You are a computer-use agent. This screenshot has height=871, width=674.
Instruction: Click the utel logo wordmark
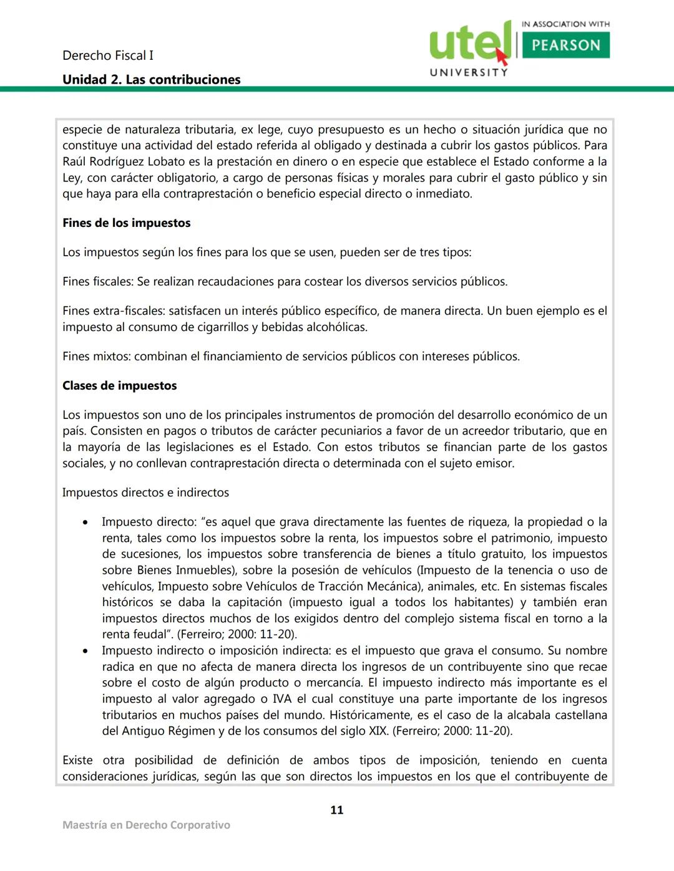click(469, 42)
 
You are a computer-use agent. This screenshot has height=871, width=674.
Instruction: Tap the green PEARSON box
click(565, 45)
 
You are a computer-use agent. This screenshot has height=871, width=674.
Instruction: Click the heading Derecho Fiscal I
click(108, 55)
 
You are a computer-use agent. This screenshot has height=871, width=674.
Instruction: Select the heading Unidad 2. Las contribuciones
click(151, 79)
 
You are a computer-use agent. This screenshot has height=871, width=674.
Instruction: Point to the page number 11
click(336, 810)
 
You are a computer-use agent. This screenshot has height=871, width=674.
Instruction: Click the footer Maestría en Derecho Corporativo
click(146, 825)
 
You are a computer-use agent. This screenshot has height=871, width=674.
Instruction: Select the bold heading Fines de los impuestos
click(126, 223)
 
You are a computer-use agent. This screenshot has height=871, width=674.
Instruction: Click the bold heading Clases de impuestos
click(119, 385)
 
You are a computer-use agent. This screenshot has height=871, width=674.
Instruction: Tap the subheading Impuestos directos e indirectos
click(145, 493)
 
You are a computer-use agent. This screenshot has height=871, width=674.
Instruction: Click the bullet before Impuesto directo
click(85, 522)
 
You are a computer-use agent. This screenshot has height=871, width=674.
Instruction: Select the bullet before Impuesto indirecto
click(85, 651)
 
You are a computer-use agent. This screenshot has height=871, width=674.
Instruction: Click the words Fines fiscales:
click(98, 281)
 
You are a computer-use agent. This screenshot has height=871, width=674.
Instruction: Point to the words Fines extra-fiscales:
click(114, 310)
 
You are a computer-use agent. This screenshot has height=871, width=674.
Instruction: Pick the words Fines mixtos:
click(97, 356)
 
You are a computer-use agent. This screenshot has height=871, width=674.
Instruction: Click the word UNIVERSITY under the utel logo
click(469, 72)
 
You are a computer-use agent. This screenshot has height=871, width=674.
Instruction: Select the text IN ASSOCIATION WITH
click(565, 24)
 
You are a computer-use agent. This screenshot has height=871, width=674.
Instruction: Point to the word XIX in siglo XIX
click(378, 731)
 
